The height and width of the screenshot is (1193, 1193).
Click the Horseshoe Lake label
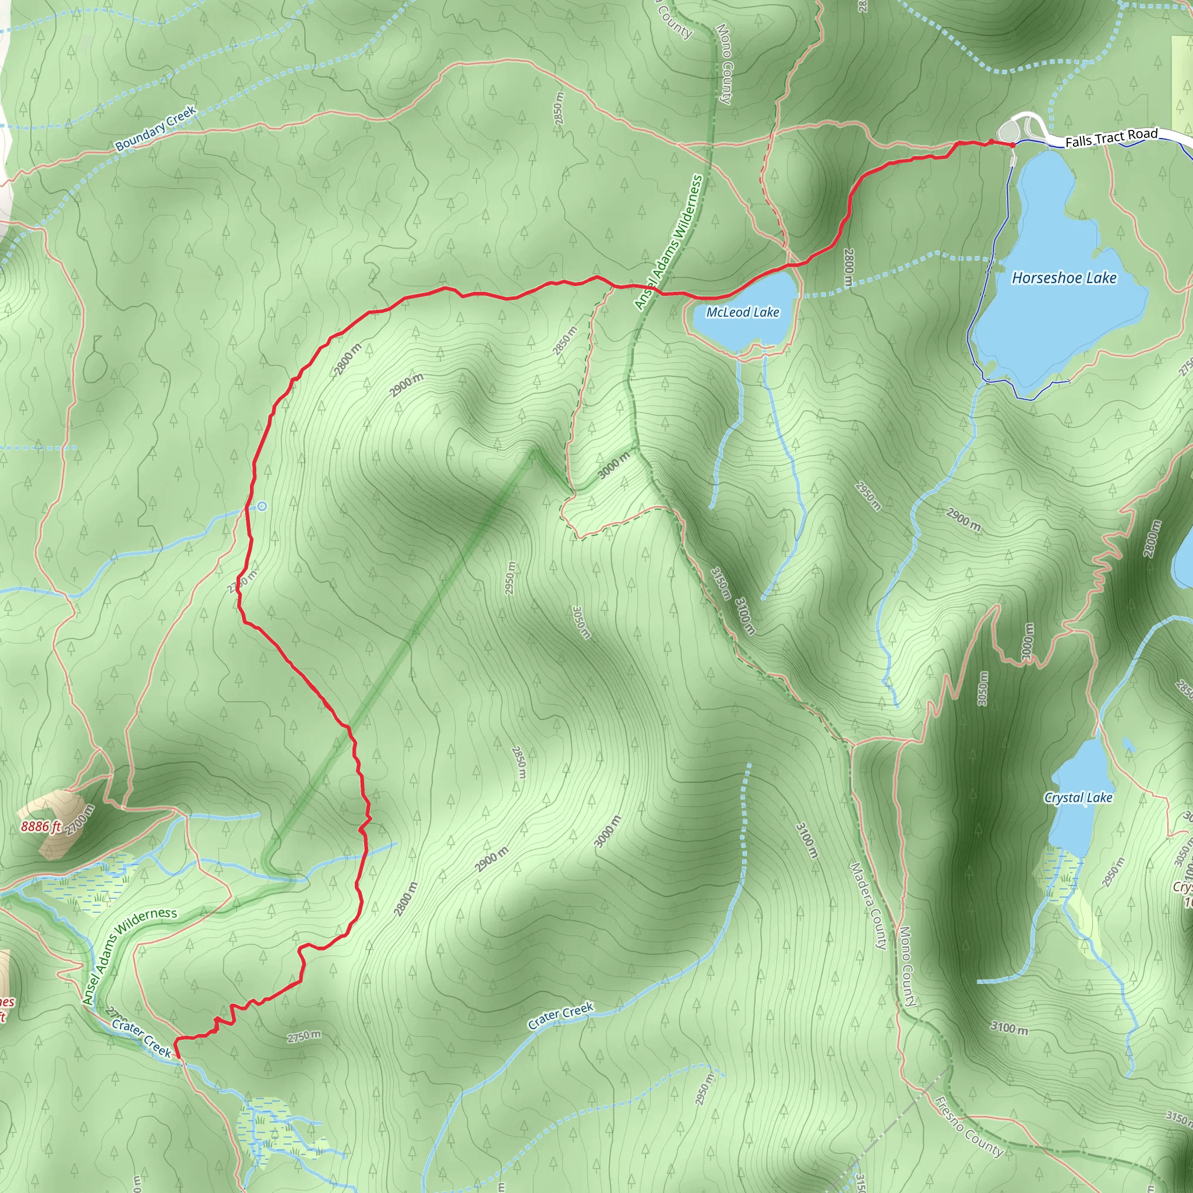(x=1064, y=278)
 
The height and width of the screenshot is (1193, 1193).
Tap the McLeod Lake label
(x=743, y=312)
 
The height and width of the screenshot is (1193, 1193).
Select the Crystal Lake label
(x=1078, y=797)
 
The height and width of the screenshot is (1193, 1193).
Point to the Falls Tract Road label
(x=1111, y=137)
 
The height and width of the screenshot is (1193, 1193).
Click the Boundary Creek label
(x=156, y=128)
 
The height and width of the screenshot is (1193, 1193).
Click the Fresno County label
(x=968, y=1125)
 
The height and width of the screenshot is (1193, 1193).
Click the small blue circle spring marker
(x=263, y=506)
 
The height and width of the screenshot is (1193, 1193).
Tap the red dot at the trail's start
(x=1012, y=145)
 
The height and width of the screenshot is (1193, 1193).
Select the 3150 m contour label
(x=721, y=583)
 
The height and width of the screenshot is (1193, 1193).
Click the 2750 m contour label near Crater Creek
(x=304, y=1036)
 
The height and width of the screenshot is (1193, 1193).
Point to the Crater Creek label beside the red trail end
(x=142, y=1037)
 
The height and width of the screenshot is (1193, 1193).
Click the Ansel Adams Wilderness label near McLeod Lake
(x=669, y=242)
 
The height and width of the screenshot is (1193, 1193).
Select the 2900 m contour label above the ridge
(x=407, y=385)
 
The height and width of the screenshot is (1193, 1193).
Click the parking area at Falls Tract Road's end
(x=1010, y=132)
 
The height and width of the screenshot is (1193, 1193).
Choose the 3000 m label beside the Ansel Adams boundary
(x=615, y=464)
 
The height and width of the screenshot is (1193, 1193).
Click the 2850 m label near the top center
(x=558, y=109)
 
